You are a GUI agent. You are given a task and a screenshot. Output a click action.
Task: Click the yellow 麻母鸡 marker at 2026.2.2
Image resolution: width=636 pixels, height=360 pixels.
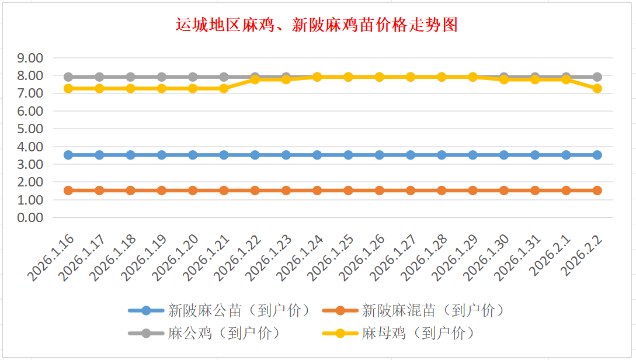(x=597, y=88)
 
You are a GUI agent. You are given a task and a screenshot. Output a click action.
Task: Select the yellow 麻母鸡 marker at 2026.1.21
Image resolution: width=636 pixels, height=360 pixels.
(x=224, y=88)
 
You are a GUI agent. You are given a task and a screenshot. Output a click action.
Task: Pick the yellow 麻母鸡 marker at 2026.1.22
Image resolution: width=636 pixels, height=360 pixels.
(x=255, y=79)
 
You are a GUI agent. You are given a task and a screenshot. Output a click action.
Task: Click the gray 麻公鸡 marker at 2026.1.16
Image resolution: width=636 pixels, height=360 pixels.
(x=68, y=77)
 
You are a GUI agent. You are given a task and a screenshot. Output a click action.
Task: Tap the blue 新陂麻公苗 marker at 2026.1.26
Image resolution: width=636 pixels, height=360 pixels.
(x=379, y=155)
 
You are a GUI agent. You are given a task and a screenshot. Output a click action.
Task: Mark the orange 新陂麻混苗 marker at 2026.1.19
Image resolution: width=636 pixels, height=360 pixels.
(x=162, y=190)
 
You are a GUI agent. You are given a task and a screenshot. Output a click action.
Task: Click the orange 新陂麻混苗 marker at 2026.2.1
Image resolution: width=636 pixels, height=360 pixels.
(x=566, y=190)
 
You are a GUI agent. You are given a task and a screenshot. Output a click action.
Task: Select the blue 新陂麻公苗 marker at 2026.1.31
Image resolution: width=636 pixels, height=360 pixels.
(x=535, y=155)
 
